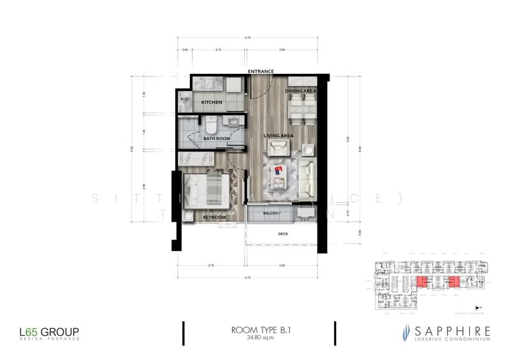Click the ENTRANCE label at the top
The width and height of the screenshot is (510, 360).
pos(261,71)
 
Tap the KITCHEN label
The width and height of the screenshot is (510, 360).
pos(212,103)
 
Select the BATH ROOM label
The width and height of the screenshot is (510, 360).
pos(216,138)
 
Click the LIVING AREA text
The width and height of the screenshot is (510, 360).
pos(279,135)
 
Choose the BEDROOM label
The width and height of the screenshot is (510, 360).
pos(214,217)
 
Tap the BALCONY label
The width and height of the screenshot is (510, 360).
pos(272,213)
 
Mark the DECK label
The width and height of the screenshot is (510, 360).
pos(284,234)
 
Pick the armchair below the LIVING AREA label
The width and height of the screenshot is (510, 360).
pos(278,148)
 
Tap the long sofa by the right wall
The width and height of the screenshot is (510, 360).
pos(307,176)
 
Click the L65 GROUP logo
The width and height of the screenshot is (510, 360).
pos(48,332)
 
